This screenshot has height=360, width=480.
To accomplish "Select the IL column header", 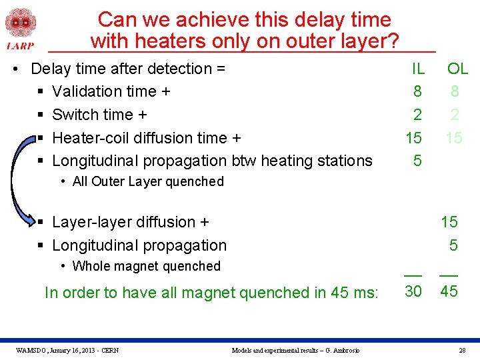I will (417, 69).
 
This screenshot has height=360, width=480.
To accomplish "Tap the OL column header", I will (457, 69).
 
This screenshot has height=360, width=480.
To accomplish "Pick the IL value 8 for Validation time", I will (417, 91).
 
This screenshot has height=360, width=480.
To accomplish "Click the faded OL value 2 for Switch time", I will (454, 115).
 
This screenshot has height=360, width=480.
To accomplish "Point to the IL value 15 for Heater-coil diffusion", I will (413, 138).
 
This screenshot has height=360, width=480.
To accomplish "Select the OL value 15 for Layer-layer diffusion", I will (449, 222).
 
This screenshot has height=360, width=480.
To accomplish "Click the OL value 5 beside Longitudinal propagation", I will (453, 245).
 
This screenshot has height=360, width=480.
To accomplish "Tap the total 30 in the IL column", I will (413, 291).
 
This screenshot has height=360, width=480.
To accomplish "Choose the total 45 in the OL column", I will (449, 291).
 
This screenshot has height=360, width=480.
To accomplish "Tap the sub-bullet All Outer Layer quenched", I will (148, 181).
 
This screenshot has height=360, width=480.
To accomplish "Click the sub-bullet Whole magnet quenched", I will (146, 266).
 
